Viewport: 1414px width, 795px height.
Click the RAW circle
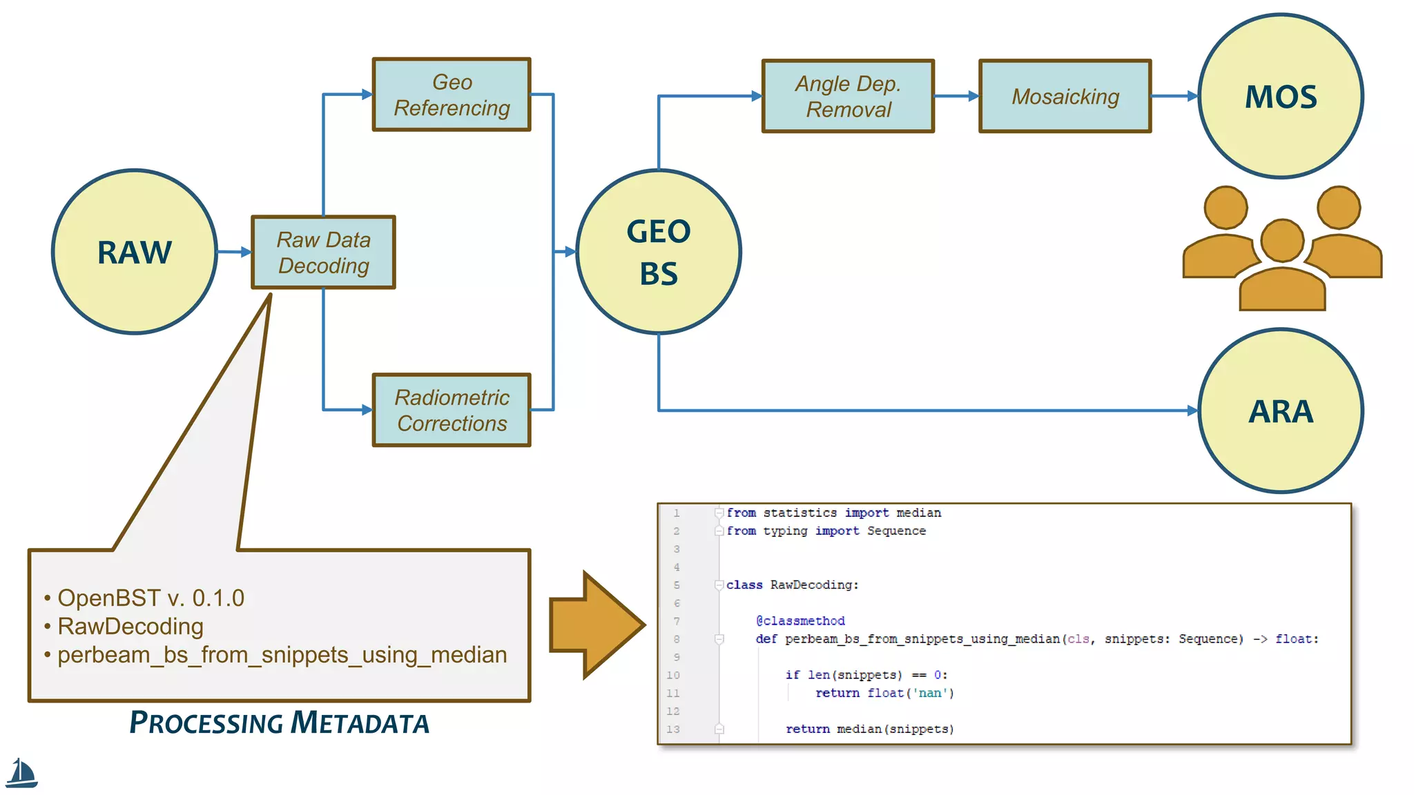(x=135, y=252)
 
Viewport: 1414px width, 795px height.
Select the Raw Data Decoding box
(x=323, y=253)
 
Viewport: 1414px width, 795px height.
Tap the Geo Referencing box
(x=452, y=95)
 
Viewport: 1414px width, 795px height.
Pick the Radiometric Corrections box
(x=452, y=410)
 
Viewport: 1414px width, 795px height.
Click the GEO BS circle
(x=658, y=252)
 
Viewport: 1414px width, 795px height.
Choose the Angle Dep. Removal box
(x=848, y=96)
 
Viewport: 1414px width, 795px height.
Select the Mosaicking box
(x=1065, y=96)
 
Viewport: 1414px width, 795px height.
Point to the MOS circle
(x=1281, y=96)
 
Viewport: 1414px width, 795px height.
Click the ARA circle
(x=1281, y=411)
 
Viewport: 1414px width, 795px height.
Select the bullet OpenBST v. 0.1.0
(x=151, y=598)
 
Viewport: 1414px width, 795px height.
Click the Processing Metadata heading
(x=279, y=723)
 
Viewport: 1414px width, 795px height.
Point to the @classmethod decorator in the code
(x=800, y=621)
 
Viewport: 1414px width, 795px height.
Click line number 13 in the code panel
(x=673, y=729)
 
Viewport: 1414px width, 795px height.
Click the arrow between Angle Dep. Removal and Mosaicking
(x=956, y=96)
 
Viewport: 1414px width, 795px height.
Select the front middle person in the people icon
(x=1282, y=269)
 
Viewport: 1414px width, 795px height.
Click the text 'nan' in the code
(x=929, y=693)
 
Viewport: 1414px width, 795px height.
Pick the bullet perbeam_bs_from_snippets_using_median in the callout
(x=282, y=654)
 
